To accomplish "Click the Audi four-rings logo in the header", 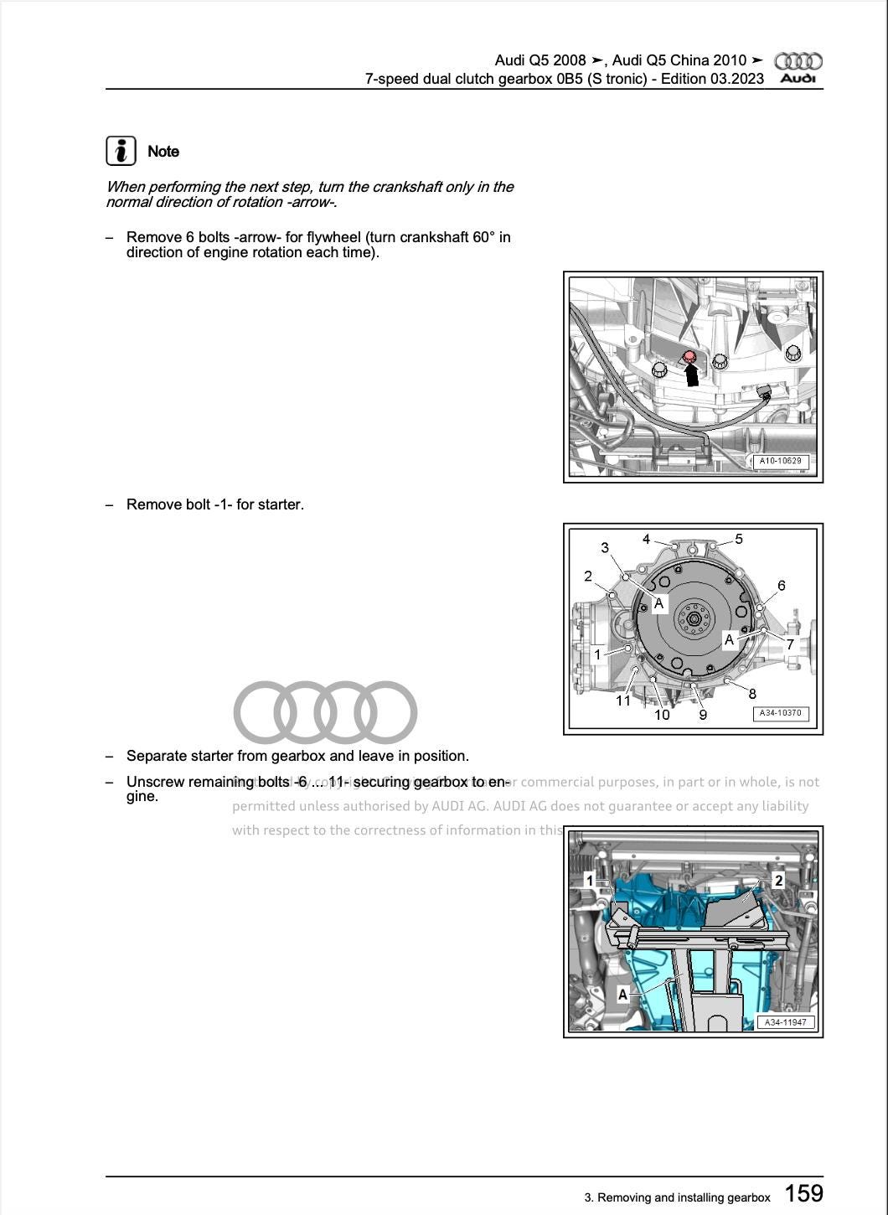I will [798, 61].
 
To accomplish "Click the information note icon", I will [121, 151].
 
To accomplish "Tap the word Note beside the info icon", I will [163, 152].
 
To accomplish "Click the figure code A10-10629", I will [780, 461].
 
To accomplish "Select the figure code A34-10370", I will [780, 713].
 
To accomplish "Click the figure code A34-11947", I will [785, 1022].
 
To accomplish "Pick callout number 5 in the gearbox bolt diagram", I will [739, 539].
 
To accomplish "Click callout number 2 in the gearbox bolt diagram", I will [588, 576].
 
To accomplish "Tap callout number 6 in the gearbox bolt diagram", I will [782, 586].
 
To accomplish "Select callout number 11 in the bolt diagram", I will [623, 701].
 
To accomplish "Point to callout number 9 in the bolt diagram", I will [703, 715].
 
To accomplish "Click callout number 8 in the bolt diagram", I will [752, 694].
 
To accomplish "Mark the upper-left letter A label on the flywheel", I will [659, 603].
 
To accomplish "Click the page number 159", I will [803, 1193].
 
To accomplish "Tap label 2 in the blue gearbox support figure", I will [778, 881].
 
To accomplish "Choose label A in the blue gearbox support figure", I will [622, 995].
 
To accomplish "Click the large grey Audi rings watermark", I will [325, 712].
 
